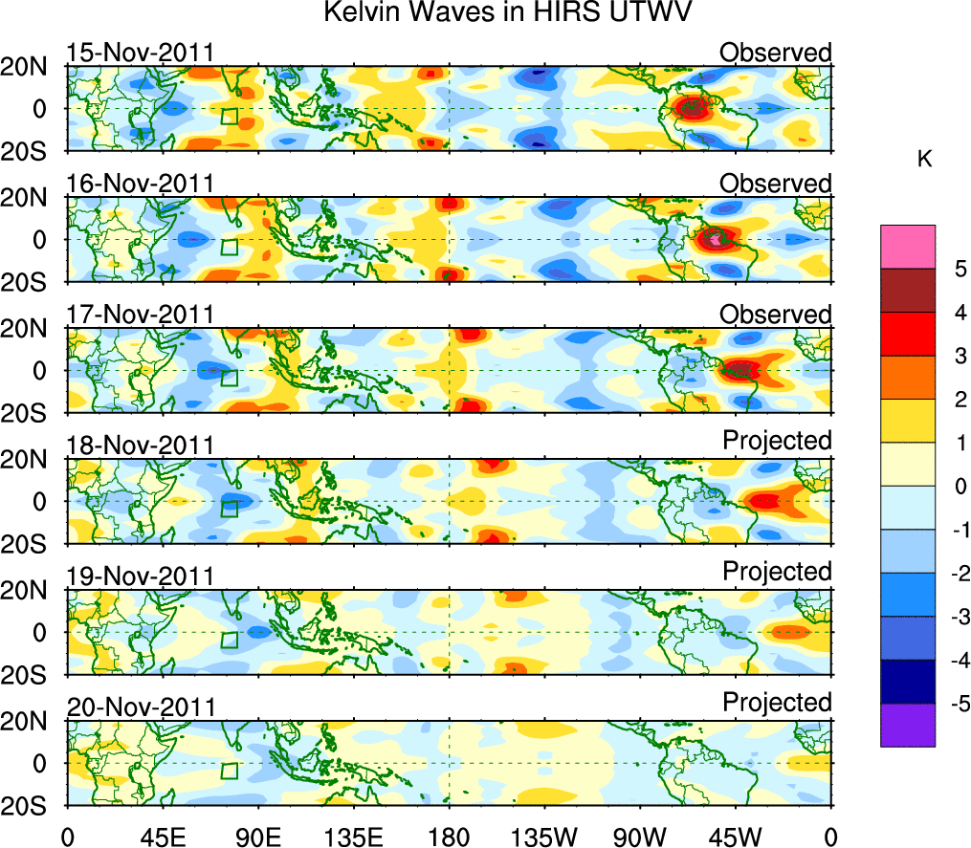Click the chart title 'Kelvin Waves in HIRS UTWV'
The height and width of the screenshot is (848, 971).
[506, 13]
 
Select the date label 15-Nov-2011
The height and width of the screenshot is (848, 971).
[141, 53]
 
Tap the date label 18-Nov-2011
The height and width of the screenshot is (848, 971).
[141, 446]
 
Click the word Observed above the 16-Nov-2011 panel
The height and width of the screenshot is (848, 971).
[776, 183]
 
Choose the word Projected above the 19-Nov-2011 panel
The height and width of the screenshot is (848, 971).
[777, 571]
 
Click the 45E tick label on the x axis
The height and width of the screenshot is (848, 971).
[161, 835]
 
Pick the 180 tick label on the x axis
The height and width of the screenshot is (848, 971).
[449, 835]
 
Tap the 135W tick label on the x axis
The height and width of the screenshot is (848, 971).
[544, 835]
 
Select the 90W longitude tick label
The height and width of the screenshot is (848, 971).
[640, 835]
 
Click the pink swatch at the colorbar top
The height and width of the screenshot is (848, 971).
[907, 247]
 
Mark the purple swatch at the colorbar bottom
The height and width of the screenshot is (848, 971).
[907, 725]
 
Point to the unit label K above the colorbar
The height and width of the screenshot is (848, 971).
[924, 160]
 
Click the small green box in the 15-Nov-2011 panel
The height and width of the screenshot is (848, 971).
[229, 117]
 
